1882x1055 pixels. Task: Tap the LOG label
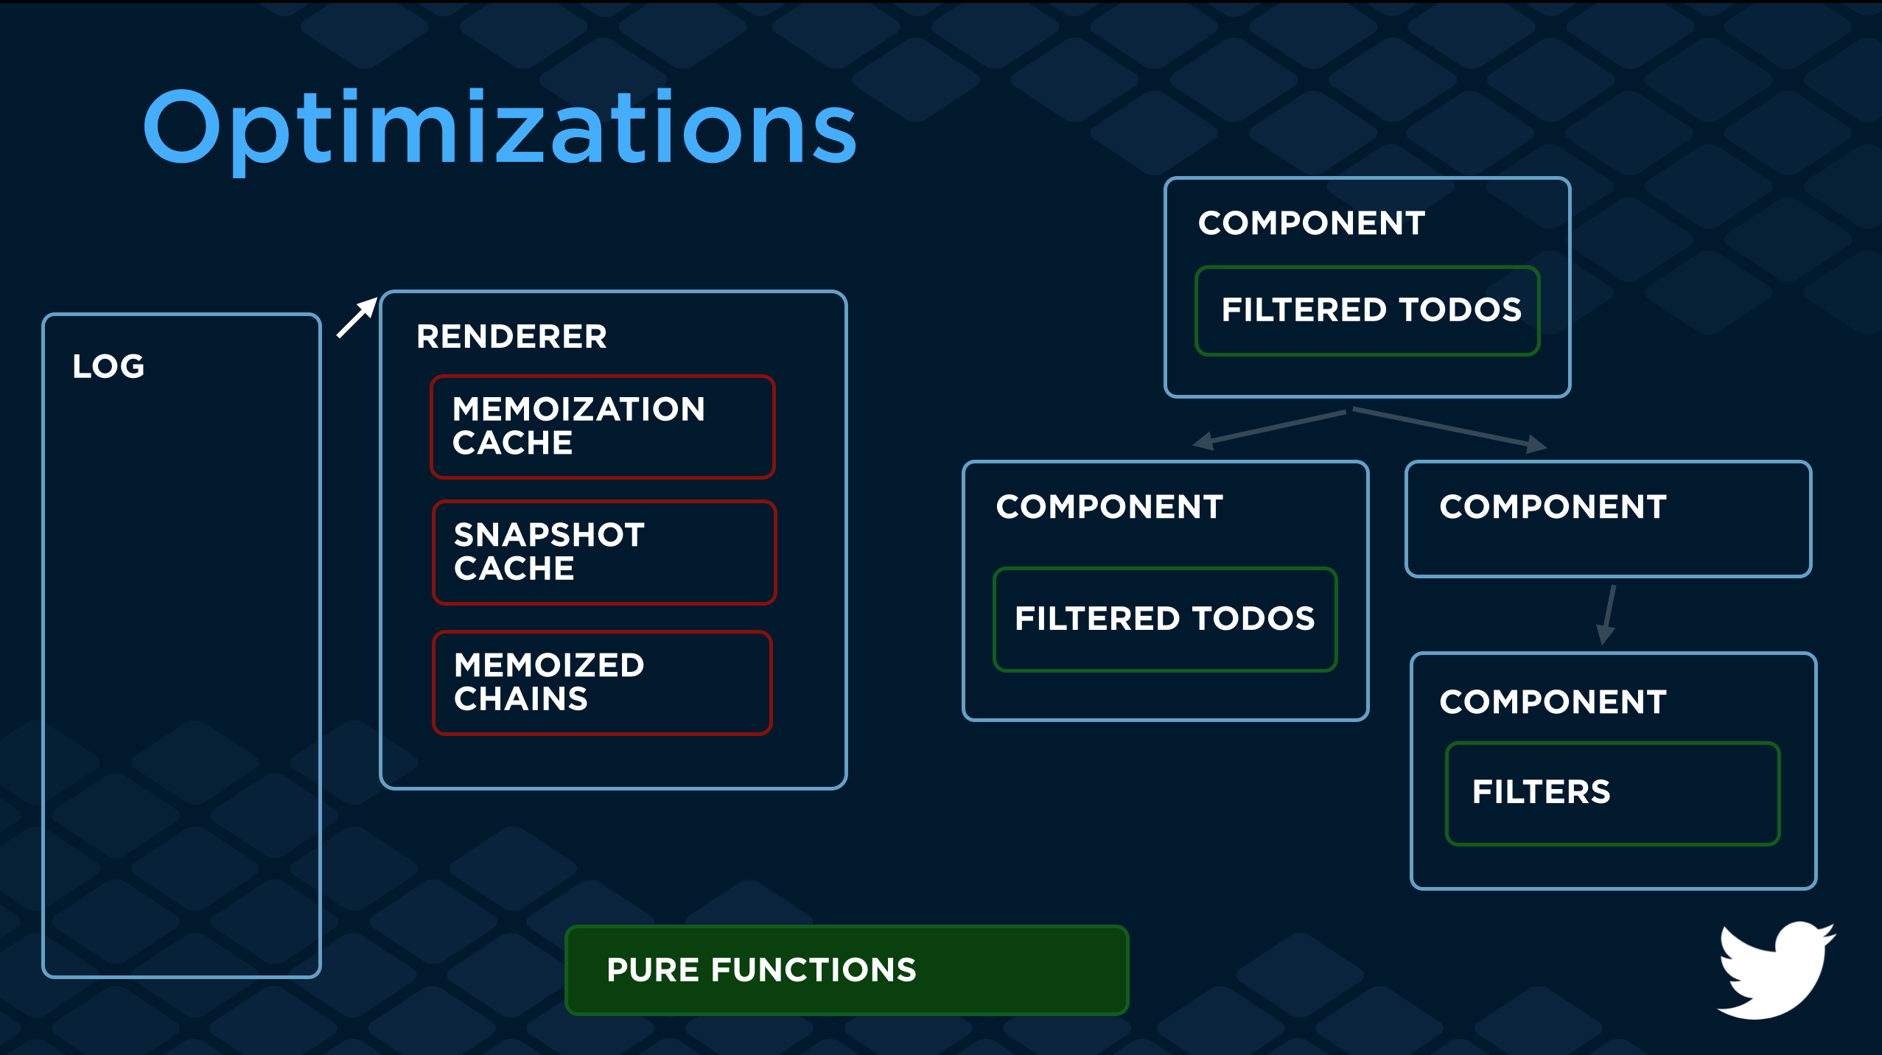[108, 366]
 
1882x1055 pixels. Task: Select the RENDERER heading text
[511, 337]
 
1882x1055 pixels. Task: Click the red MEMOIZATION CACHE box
[602, 427]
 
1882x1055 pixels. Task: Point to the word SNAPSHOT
[549, 535]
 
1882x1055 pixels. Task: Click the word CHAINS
[520, 699]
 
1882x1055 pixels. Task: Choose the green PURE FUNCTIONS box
[846, 970]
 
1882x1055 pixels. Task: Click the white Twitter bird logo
[1775, 970]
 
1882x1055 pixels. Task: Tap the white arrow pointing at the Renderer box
[357, 318]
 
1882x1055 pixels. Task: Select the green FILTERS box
[1612, 793]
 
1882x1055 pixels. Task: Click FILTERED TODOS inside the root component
[1371, 310]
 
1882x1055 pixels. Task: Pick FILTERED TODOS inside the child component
[1164, 619]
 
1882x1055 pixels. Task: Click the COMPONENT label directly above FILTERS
[1553, 702]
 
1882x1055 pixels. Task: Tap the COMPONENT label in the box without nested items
[1553, 507]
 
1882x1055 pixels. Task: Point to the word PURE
[653, 970]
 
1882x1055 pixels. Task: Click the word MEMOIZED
[549, 665]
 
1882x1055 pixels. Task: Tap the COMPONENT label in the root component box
[1311, 223]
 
